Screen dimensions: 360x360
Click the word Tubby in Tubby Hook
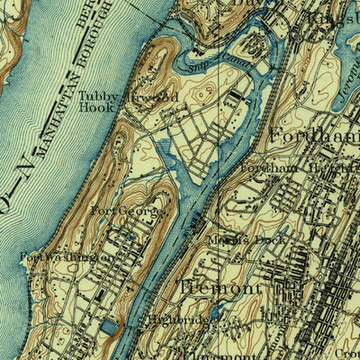click(97, 95)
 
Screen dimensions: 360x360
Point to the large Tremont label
click(220, 288)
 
